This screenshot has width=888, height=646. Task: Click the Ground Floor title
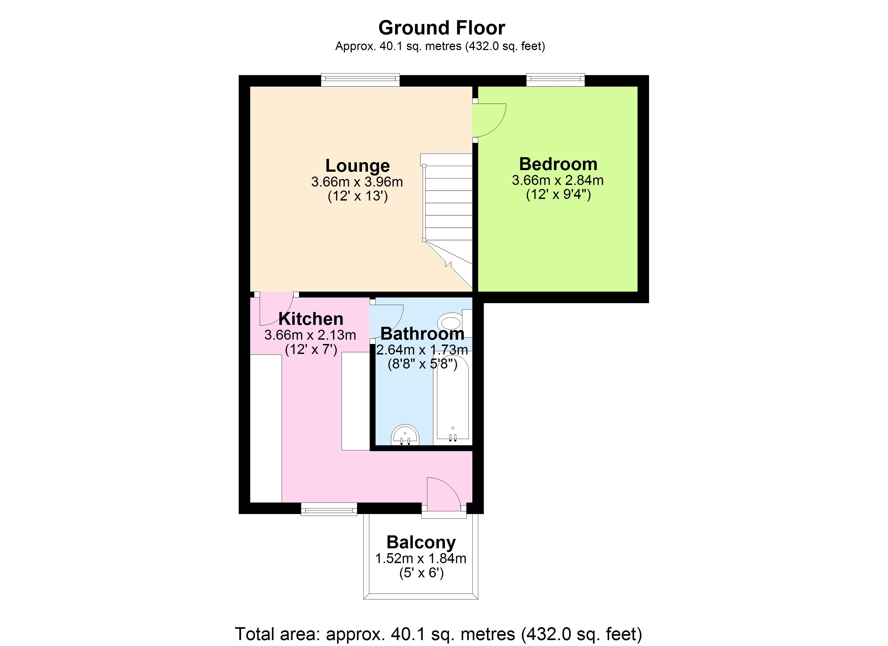[442, 28]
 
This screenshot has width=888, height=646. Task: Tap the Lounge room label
[357, 166]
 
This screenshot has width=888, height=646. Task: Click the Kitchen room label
[311, 319]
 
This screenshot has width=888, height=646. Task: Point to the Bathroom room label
[422, 334]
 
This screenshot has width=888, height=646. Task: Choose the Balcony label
[421, 543]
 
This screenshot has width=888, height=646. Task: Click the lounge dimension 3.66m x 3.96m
[357, 182]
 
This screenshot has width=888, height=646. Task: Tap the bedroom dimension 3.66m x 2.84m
[558, 180]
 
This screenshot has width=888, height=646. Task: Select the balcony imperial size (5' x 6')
[422, 573]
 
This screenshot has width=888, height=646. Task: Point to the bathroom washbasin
[405, 435]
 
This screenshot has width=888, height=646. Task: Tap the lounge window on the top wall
[360, 80]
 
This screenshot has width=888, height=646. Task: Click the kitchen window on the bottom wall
[329, 509]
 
